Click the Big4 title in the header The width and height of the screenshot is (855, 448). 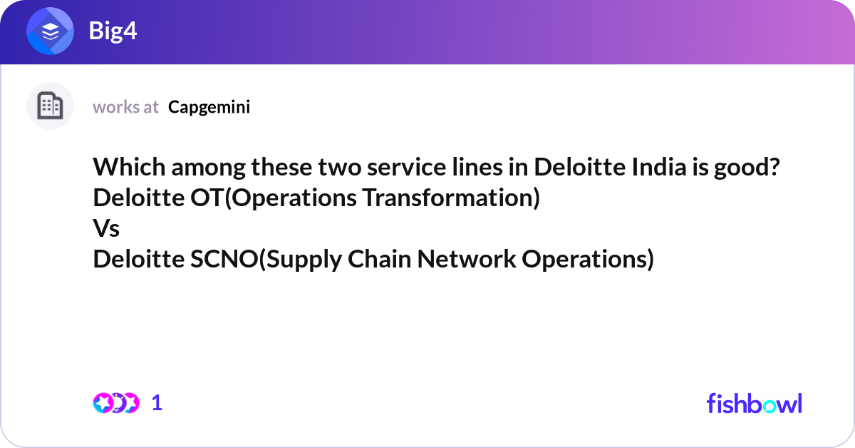click(x=113, y=31)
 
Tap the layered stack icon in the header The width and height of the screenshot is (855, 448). click(x=51, y=32)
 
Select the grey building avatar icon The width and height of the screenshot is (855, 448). click(x=50, y=106)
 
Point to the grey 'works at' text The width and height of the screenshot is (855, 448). click(x=125, y=107)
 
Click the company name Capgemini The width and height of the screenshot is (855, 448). click(x=209, y=107)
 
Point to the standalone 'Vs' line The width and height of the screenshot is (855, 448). click(x=106, y=229)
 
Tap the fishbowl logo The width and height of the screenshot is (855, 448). click(x=754, y=403)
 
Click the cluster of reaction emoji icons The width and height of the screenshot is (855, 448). click(x=115, y=403)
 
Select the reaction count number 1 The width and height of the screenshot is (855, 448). click(x=157, y=403)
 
